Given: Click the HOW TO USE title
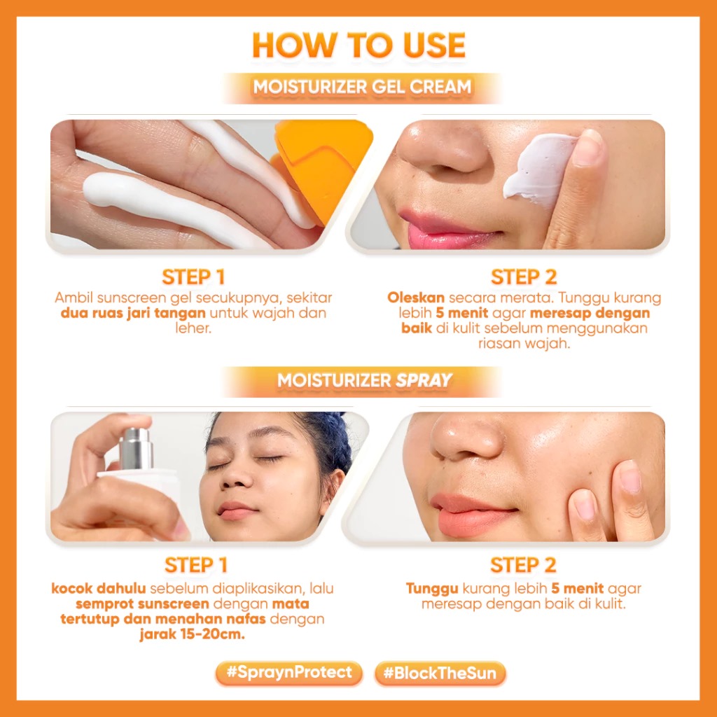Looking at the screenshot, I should point(358,45).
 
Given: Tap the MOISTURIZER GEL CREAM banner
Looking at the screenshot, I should point(361,88).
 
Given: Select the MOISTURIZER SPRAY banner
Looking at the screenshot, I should point(364,380).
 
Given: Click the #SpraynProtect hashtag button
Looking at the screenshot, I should point(288,674).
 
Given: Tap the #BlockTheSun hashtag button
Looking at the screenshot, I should point(440,674).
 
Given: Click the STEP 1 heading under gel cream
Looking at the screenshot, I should point(193,276).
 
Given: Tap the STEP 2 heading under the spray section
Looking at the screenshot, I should point(523,564).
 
